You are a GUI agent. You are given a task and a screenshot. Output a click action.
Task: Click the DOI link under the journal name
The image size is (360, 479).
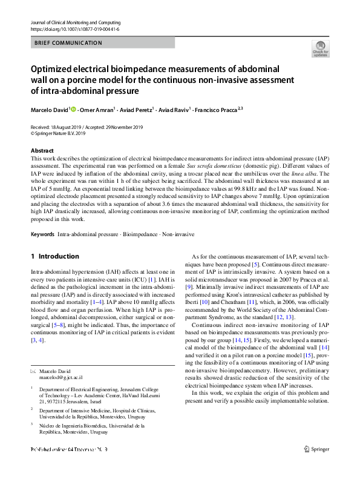[x=74, y=28]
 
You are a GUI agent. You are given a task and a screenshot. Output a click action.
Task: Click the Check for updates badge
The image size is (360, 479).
[x=319, y=49]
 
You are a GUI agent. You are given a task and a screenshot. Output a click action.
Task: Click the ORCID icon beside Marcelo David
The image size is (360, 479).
[x=74, y=110]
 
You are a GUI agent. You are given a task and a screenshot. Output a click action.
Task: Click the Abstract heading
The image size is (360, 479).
[x=42, y=150]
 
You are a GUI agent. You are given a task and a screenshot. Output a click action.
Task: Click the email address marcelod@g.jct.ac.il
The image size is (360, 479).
[x=61, y=377]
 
